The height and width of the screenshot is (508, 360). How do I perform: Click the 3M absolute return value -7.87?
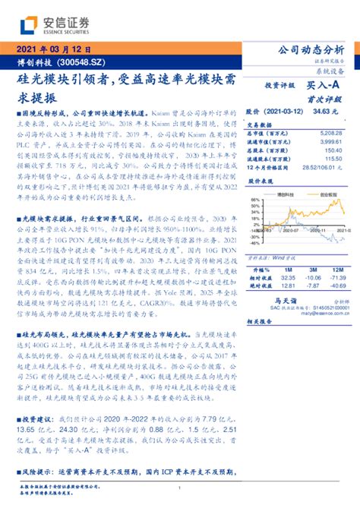pyautogui.click(x=311, y=286)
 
